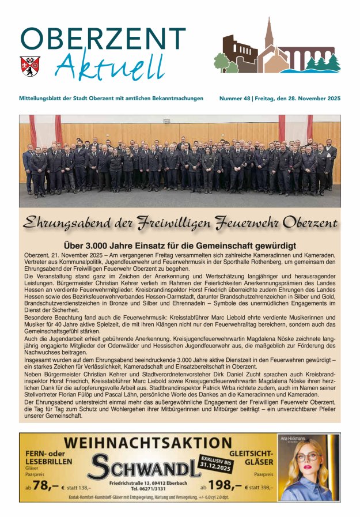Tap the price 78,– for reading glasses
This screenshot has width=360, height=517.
tap(46, 486)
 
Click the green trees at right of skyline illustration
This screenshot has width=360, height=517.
tap(323, 62)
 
